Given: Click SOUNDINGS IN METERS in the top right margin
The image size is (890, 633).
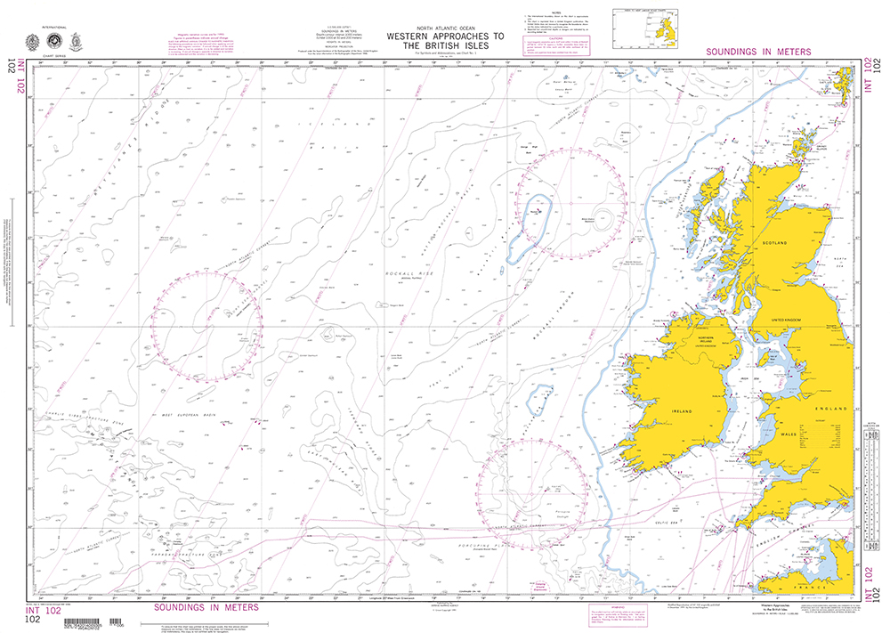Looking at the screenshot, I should click(x=757, y=53).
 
